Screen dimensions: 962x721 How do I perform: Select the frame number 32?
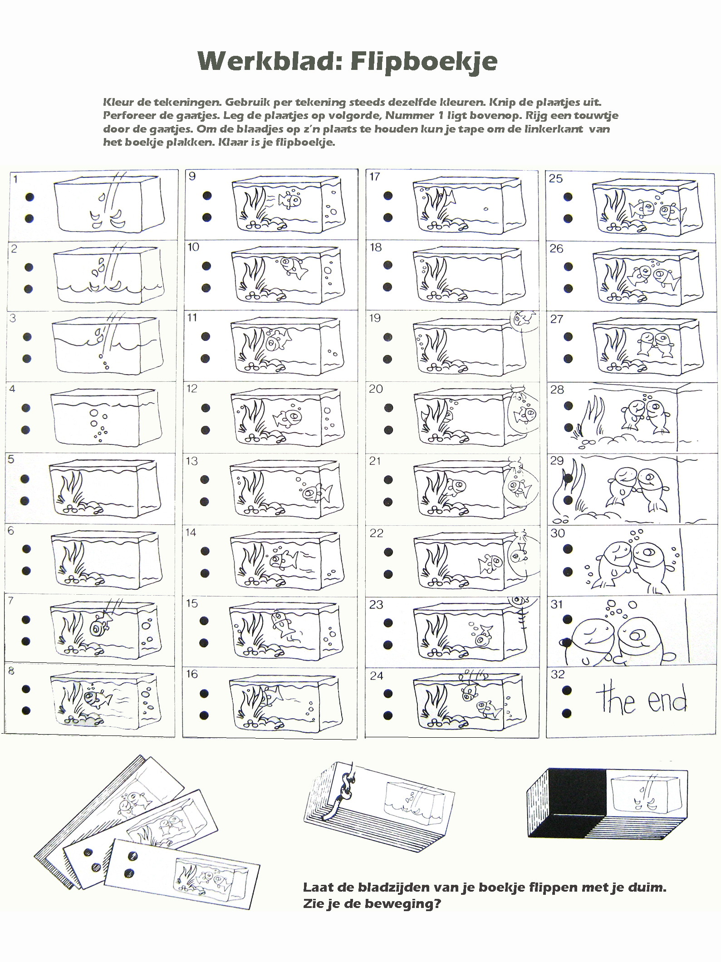tap(557, 674)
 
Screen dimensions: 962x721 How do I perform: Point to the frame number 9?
tap(192, 176)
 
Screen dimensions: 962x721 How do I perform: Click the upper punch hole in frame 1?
tap(29, 197)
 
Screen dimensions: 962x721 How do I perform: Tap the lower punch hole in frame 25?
tap(568, 219)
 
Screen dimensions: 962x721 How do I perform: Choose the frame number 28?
tap(557, 390)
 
